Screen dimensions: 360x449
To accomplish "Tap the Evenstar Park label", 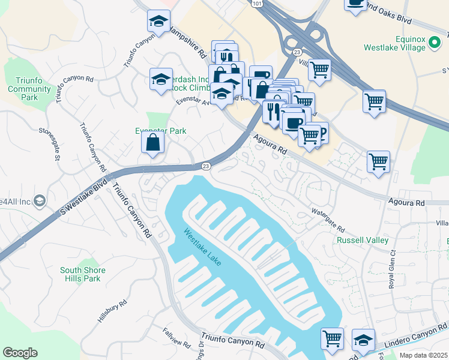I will tap(160, 131).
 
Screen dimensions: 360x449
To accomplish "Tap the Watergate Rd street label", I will tap(328, 220).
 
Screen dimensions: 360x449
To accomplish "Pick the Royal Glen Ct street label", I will tap(393, 269).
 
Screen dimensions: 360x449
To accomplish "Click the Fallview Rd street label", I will tap(176, 339).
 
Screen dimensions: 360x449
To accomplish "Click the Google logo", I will tap(20, 353).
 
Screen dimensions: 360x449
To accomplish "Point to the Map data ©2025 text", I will tap(423, 355).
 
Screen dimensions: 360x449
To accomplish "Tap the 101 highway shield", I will tap(257, 4).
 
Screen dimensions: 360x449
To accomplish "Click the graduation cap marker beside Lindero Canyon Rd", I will tap(363, 340).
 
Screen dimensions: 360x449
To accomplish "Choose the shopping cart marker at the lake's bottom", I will tap(332, 338).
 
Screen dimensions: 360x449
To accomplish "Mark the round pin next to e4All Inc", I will tap(40, 200).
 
